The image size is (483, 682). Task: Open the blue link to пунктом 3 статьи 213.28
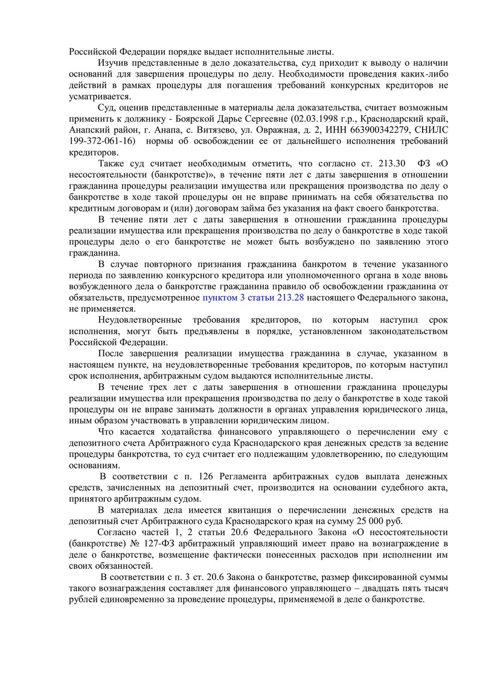252,298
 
